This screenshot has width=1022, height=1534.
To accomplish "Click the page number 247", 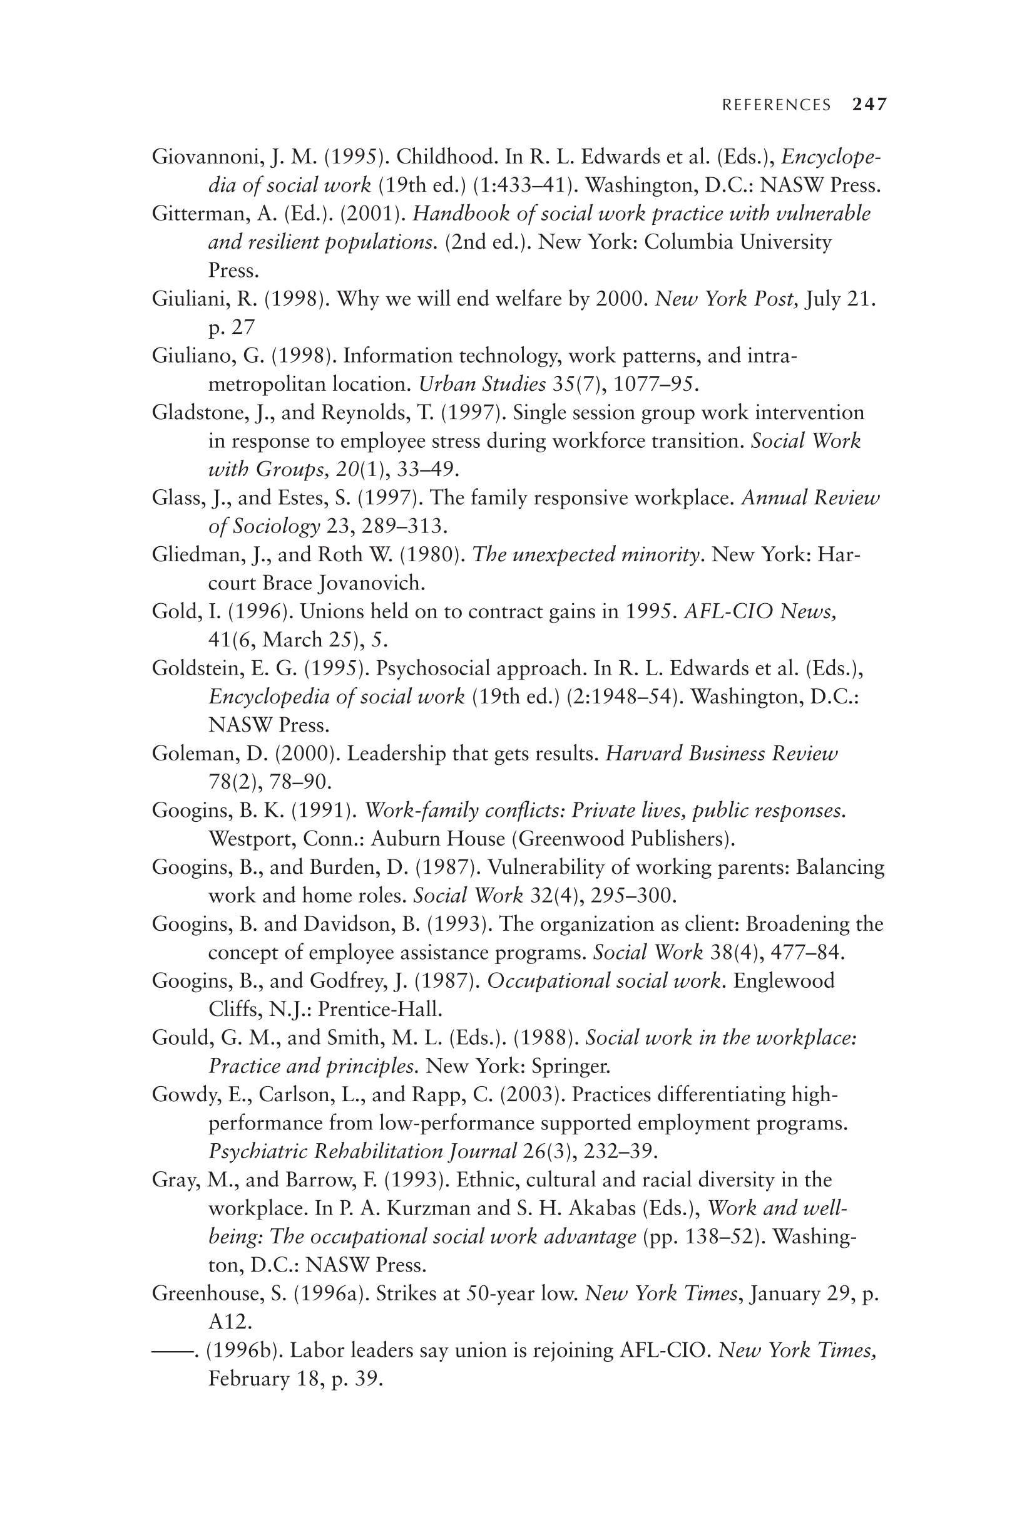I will (869, 105).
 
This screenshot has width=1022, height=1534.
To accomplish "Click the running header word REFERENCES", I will (776, 105).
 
